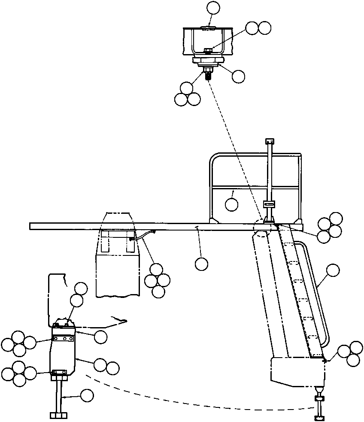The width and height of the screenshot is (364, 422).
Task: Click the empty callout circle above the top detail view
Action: (x=213, y=8)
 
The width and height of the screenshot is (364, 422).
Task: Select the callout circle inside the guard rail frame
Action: (x=232, y=204)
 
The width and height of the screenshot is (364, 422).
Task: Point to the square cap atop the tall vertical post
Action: (x=270, y=141)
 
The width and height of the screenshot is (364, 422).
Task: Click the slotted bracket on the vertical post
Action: (x=269, y=204)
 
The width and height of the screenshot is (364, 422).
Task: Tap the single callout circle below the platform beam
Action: (x=201, y=264)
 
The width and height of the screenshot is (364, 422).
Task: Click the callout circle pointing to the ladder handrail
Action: (x=333, y=270)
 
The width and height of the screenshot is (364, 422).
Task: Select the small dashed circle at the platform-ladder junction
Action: (x=262, y=227)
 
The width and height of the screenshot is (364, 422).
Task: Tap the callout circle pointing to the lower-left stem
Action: (x=87, y=395)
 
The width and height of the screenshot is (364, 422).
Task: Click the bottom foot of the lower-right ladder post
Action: (x=320, y=417)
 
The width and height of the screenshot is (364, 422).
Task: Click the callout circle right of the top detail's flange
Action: (x=238, y=76)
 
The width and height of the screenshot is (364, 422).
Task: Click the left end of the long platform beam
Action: (x=33, y=226)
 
